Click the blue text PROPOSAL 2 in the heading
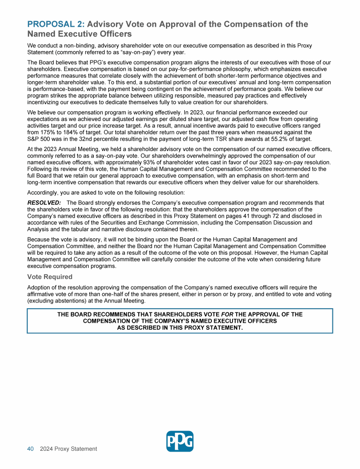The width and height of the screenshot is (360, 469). [x=56, y=24]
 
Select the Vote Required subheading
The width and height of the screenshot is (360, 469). [x=50, y=277]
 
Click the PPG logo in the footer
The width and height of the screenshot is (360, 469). [x=180, y=441]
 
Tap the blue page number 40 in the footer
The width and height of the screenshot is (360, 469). [x=30, y=449]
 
